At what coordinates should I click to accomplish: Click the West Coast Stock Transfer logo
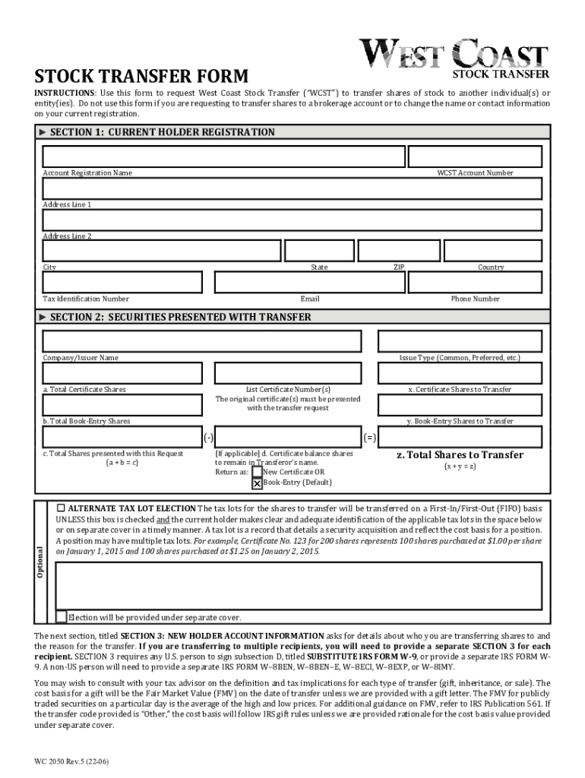454,58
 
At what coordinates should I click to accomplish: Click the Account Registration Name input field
223,157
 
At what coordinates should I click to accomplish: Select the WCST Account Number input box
474,157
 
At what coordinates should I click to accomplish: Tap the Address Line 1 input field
292,188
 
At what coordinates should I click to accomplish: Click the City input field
162,251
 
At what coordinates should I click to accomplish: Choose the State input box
318,251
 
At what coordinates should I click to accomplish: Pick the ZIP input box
398,251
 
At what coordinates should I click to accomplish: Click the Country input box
492,251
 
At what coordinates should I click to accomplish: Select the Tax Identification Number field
122,283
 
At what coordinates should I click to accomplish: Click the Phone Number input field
475,283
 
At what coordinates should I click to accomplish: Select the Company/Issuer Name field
202,342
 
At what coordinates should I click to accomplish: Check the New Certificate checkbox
257,472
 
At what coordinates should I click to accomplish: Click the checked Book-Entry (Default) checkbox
257,483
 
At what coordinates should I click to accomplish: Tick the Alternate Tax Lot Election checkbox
62,508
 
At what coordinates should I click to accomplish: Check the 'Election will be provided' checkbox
62,617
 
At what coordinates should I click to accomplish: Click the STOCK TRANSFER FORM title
141,77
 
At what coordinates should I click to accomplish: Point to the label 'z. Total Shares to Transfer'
460,455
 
